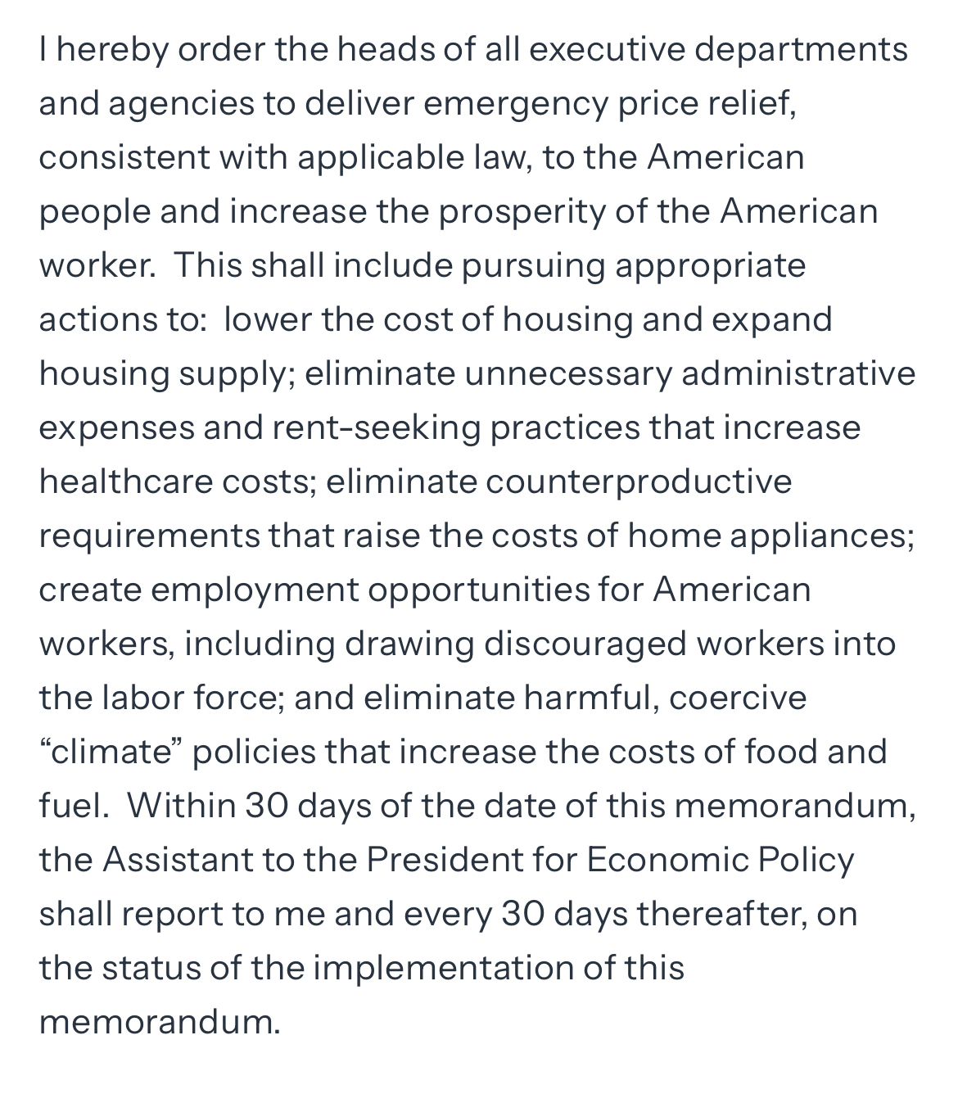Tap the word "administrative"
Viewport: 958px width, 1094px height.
[x=798, y=374]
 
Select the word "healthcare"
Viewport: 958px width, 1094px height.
[x=125, y=481]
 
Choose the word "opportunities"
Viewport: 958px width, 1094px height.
[x=478, y=590]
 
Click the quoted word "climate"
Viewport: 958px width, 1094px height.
[x=109, y=752]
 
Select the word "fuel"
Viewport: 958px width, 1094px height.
[x=72, y=806]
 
